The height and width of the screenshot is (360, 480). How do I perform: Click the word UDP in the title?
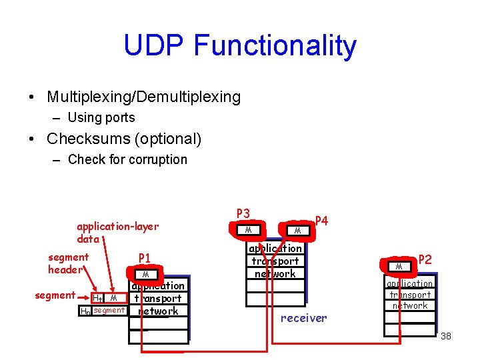154,46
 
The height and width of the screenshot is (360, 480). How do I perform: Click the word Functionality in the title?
275,46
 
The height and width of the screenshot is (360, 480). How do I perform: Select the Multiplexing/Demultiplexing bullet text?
143,97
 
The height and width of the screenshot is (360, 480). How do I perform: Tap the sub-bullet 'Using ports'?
101,118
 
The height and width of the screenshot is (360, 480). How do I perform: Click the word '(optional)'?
169,139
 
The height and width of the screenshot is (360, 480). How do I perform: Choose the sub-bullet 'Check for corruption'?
127,159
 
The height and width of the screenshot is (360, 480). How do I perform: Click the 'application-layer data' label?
117,233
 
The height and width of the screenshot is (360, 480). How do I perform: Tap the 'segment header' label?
68,263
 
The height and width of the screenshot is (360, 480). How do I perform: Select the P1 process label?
145,259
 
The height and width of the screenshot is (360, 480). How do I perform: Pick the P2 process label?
425,259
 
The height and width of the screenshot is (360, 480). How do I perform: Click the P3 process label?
243,214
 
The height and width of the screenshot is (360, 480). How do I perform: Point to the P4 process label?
321,221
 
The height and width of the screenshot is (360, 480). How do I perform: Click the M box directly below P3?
247,230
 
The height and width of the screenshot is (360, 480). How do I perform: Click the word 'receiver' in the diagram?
303,318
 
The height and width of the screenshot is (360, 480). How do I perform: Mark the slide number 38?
445,336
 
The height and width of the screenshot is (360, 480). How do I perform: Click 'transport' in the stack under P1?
157,299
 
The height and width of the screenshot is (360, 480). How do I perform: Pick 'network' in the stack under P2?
410,305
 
